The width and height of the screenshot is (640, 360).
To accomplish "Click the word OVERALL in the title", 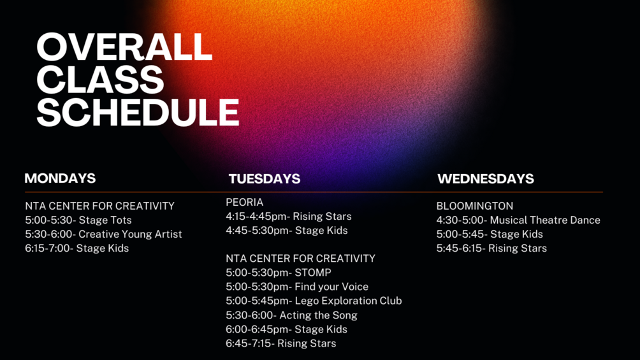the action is pos(124,47).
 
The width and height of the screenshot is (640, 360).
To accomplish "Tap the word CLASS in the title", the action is pos(101,80).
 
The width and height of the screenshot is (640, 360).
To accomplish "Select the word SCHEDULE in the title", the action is pos(138,112).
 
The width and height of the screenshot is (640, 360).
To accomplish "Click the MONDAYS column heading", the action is pos(60,178).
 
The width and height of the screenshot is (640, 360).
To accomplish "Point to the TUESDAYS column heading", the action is pos(265,179).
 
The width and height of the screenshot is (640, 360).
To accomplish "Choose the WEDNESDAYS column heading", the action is pos(486,179).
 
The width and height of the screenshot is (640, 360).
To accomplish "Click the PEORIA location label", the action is pos(245,202).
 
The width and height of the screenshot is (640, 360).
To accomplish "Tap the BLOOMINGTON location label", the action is pos(475,206).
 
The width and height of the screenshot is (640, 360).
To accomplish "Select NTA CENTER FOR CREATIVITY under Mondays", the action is pos(99,206).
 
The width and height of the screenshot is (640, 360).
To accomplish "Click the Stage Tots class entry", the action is pos(78,220).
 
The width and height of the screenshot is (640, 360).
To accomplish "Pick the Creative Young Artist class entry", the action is pos(103,234).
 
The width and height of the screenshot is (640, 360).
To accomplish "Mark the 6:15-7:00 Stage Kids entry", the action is pos(76,248).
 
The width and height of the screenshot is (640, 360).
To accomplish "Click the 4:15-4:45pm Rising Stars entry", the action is pos(289,217).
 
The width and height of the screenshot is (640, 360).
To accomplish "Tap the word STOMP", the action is pos(313,273).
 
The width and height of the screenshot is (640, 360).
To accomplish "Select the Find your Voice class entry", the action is pos(297,287).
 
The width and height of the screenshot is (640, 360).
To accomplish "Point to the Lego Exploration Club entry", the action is pos(314,301).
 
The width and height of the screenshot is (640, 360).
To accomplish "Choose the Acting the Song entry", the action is pos(291,315).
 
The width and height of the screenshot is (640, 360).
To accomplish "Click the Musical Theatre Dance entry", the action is pos(518,220).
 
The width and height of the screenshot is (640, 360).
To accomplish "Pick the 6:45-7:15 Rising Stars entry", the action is pos(281,343).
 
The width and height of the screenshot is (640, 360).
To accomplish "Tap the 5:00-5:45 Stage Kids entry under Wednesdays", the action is pos(490,234).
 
